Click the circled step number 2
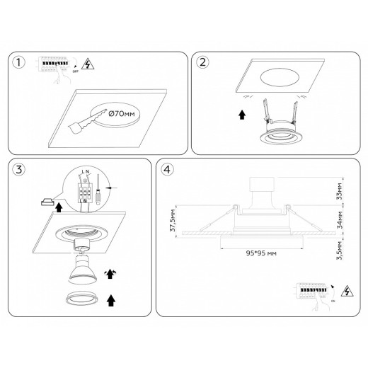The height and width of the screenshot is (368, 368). pyautogui.click(x=204, y=62)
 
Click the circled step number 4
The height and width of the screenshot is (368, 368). pyautogui.click(x=166, y=170)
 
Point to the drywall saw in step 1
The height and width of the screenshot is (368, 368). pyautogui.click(x=86, y=122)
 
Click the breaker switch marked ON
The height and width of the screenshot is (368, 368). pyautogui.click(x=315, y=290)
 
